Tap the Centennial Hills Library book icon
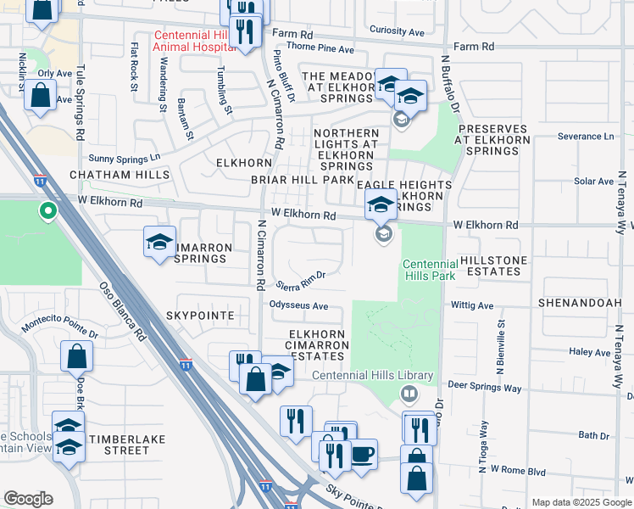(x=409, y=394)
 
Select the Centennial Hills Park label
(x=429, y=270)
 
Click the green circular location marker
(x=48, y=210)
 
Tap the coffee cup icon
(x=363, y=454)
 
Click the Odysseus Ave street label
(x=299, y=305)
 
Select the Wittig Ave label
(x=473, y=305)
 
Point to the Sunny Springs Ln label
(x=125, y=158)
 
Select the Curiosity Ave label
(x=399, y=32)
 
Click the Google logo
(x=28, y=499)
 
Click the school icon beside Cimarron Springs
(x=159, y=243)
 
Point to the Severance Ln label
(x=585, y=137)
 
